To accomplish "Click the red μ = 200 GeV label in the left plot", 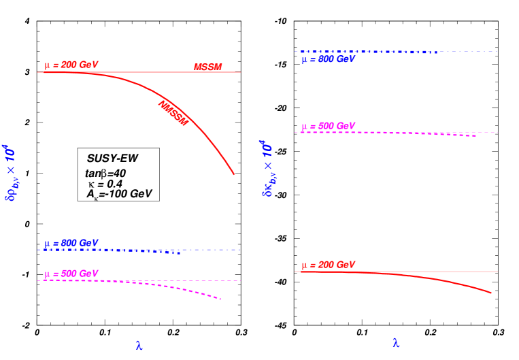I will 71,65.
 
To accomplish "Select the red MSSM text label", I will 207,67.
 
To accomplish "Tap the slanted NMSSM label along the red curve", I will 173,113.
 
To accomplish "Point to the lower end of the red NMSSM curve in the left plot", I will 234,174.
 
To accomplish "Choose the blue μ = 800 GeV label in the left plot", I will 71,243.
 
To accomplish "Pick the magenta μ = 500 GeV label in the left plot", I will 71,274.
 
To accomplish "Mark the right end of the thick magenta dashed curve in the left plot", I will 221,299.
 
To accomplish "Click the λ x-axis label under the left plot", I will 139,346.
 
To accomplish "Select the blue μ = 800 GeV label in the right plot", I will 328,59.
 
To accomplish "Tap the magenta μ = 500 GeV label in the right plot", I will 328,126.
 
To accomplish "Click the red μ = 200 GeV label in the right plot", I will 328,265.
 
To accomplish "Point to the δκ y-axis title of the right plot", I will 268,168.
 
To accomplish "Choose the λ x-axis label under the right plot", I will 396,342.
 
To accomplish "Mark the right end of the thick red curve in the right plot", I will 491,293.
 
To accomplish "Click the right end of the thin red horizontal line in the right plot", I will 498,272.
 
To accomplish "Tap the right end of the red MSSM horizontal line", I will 240,72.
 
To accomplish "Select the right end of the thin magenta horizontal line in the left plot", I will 241,280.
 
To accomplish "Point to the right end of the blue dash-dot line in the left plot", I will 241,249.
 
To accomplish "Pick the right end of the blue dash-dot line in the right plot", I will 498,51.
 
